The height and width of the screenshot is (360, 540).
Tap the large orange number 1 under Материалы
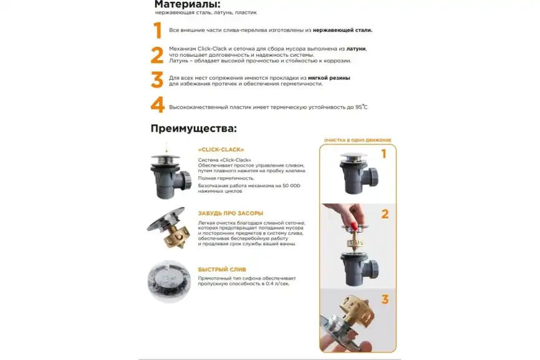158,30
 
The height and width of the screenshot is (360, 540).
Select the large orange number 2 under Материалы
157,56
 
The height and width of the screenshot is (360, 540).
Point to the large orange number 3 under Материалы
157,80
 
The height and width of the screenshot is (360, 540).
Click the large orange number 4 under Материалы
158,105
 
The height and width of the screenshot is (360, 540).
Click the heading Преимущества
194,129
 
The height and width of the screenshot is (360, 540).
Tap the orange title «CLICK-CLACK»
221,150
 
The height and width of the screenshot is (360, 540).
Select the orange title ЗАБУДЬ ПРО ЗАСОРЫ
230,213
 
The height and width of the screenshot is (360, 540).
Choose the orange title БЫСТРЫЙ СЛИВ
217,269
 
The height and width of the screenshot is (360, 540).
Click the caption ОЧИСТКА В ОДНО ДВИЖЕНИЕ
357,140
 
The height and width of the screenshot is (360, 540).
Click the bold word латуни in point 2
356,48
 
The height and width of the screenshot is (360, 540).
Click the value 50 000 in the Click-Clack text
289,186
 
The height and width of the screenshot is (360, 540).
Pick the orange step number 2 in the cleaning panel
385,214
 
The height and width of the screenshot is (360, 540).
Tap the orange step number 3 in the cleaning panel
385,299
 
